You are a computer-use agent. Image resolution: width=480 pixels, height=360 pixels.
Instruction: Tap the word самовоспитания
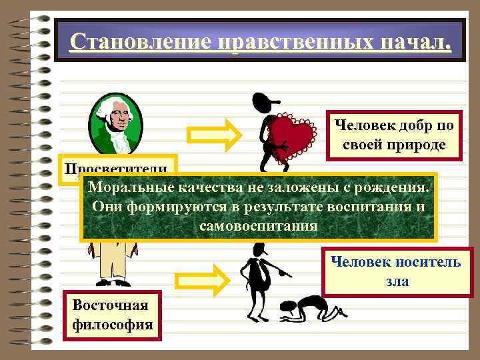point(257,225)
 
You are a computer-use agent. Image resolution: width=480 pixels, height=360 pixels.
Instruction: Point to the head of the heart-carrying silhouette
point(261,103)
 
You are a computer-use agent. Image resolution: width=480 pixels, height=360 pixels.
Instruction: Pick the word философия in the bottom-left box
point(111,326)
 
